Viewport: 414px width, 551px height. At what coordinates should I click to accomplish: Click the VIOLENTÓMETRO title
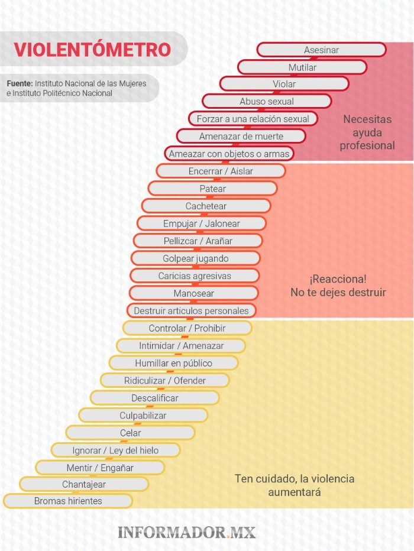(x=92, y=50)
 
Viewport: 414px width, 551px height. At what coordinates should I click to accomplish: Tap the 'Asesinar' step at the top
(x=321, y=50)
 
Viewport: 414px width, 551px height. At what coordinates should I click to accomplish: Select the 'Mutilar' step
(x=302, y=67)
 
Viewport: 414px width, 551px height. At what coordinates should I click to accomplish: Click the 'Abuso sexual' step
(x=267, y=102)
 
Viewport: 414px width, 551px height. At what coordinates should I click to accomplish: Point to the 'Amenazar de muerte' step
(x=241, y=137)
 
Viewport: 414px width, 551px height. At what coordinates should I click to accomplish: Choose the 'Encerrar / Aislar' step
(x=221, y=171)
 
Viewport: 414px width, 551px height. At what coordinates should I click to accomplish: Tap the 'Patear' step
(x=212, y=189)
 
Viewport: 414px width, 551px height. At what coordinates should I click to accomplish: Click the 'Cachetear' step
(x=206, y=206)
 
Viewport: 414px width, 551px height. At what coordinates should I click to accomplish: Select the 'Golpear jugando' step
(x=195, y=258)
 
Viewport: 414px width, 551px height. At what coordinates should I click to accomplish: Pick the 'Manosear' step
(x=194, y=293)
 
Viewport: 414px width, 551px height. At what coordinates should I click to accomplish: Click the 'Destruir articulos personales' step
(x=191, y=310)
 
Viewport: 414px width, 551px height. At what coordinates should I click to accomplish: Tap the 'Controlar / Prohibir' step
(x=187, y=328)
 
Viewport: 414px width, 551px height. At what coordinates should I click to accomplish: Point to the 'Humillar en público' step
(x=173, y=363)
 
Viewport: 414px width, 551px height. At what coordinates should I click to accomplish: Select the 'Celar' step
(x=131, y=433)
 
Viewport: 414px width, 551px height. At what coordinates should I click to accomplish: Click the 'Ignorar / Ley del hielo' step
(x=115, y=450)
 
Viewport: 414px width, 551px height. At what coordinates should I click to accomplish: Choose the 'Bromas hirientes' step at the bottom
(x=68, y=501)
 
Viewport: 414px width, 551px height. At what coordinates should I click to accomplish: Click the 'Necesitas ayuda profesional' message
(x=367, y=132)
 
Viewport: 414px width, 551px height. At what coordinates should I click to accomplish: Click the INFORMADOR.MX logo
(x=187, y=531)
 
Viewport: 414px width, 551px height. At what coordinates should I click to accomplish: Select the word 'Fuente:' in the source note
(x=20, y=83)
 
